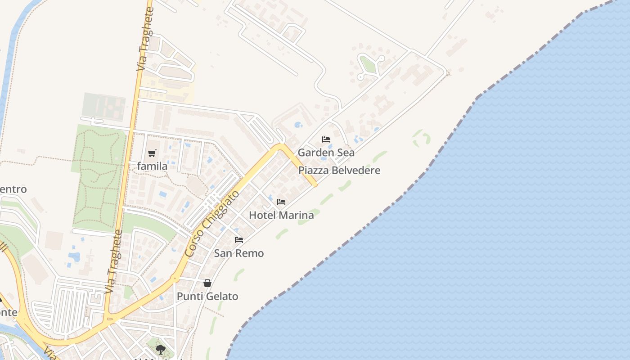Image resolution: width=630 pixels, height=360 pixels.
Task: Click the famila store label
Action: click(152, 166)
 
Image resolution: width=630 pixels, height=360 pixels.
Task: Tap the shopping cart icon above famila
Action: click(152, 153)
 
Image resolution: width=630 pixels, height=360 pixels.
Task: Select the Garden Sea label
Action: click(326, 153)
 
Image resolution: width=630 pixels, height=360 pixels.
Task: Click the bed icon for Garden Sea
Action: click(326, 139)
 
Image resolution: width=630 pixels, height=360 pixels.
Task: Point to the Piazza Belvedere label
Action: click(339, 171)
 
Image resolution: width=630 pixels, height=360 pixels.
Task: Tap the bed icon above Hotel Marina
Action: click(281, 202)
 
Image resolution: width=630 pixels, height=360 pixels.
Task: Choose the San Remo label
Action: click(238, 253)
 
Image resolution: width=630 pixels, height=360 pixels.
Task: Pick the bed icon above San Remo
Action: click(239, 240)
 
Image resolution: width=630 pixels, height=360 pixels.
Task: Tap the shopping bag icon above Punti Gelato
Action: click(207, 283)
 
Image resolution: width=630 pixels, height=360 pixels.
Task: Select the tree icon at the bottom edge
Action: click(160, 349)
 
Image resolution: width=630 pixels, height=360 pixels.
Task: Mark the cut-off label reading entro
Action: click(13, 189)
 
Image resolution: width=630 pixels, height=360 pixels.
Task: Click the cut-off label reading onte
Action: click(9, 312)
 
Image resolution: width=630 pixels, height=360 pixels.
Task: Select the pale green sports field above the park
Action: click(103, 107)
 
